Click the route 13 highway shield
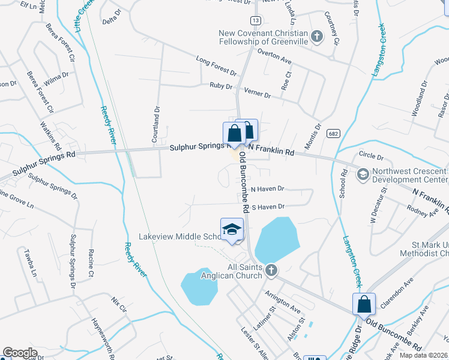(256, 20)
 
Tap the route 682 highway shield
(331, 133)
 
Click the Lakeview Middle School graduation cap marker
(232, 230)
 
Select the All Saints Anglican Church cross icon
(271, 270)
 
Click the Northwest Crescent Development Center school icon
(363, 175)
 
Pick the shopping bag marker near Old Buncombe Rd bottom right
(364, 304)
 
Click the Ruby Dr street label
(221, 86)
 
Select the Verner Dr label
(258, 93)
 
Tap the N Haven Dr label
(267, 188)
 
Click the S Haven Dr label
(267, 206)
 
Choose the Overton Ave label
(274, 56)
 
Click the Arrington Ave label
(282, 302)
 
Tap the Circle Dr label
(371, 157)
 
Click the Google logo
(20, 352)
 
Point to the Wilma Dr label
(57, 78)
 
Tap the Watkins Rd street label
(50, 136)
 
